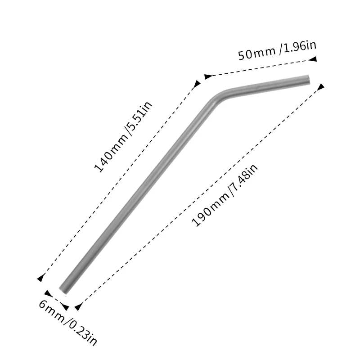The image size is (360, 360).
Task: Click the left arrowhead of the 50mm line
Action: coord(207,76)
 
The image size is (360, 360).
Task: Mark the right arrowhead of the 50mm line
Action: coord(314,58)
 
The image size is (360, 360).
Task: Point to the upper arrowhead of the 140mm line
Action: coord(197,84)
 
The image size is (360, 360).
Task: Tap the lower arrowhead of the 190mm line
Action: coord(78,307)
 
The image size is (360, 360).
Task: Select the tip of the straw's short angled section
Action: coord(308,79)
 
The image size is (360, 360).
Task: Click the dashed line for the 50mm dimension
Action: coord(261,67)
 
